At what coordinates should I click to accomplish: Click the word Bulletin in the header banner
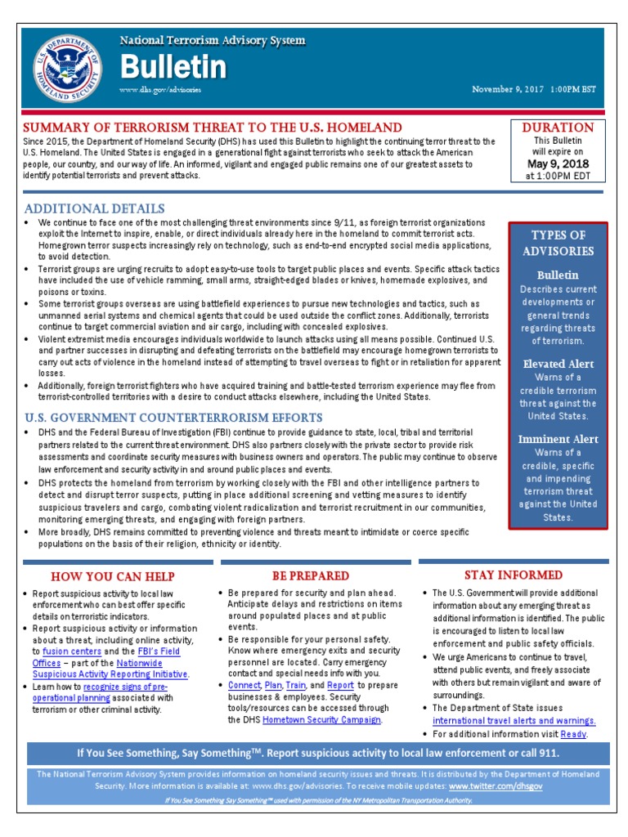click(173, 67)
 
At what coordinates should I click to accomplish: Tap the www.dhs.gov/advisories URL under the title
click(160, 89)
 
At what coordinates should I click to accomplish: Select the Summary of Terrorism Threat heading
click(213, 128)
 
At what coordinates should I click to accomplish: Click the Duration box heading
click(558, 128)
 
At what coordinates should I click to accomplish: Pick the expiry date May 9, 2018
click(558, 163)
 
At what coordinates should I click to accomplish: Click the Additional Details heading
click(94, 208)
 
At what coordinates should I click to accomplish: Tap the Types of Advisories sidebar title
click(558, 244)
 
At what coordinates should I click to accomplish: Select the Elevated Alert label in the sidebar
click(558, 364)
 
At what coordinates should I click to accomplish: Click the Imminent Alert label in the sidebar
click(558, 439)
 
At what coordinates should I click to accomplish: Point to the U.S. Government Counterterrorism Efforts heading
click(173, 418)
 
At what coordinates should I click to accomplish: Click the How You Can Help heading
click(113, 576)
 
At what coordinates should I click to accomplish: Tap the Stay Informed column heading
click(514, 575)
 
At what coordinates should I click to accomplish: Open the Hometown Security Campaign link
click(327, 720)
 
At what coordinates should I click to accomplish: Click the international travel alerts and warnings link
click(514, 721)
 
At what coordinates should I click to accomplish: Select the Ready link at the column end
click(573, 734)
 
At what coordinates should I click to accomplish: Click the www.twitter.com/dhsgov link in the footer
click(496, 786)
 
